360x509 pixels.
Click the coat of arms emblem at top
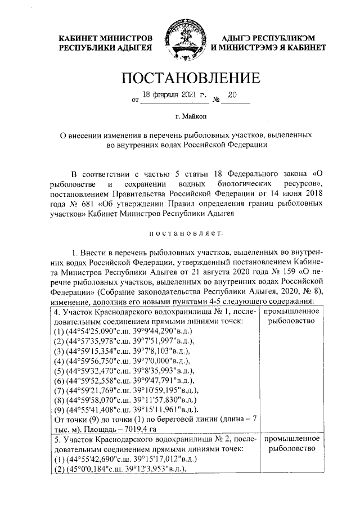(x=180, y=41)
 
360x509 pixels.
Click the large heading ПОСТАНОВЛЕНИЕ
(x=181, y=78)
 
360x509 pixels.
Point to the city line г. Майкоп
(x=180, y=117)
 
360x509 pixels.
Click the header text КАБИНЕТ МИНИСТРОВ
(x=105, y=37)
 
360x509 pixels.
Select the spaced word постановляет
(x=180, y=248)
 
